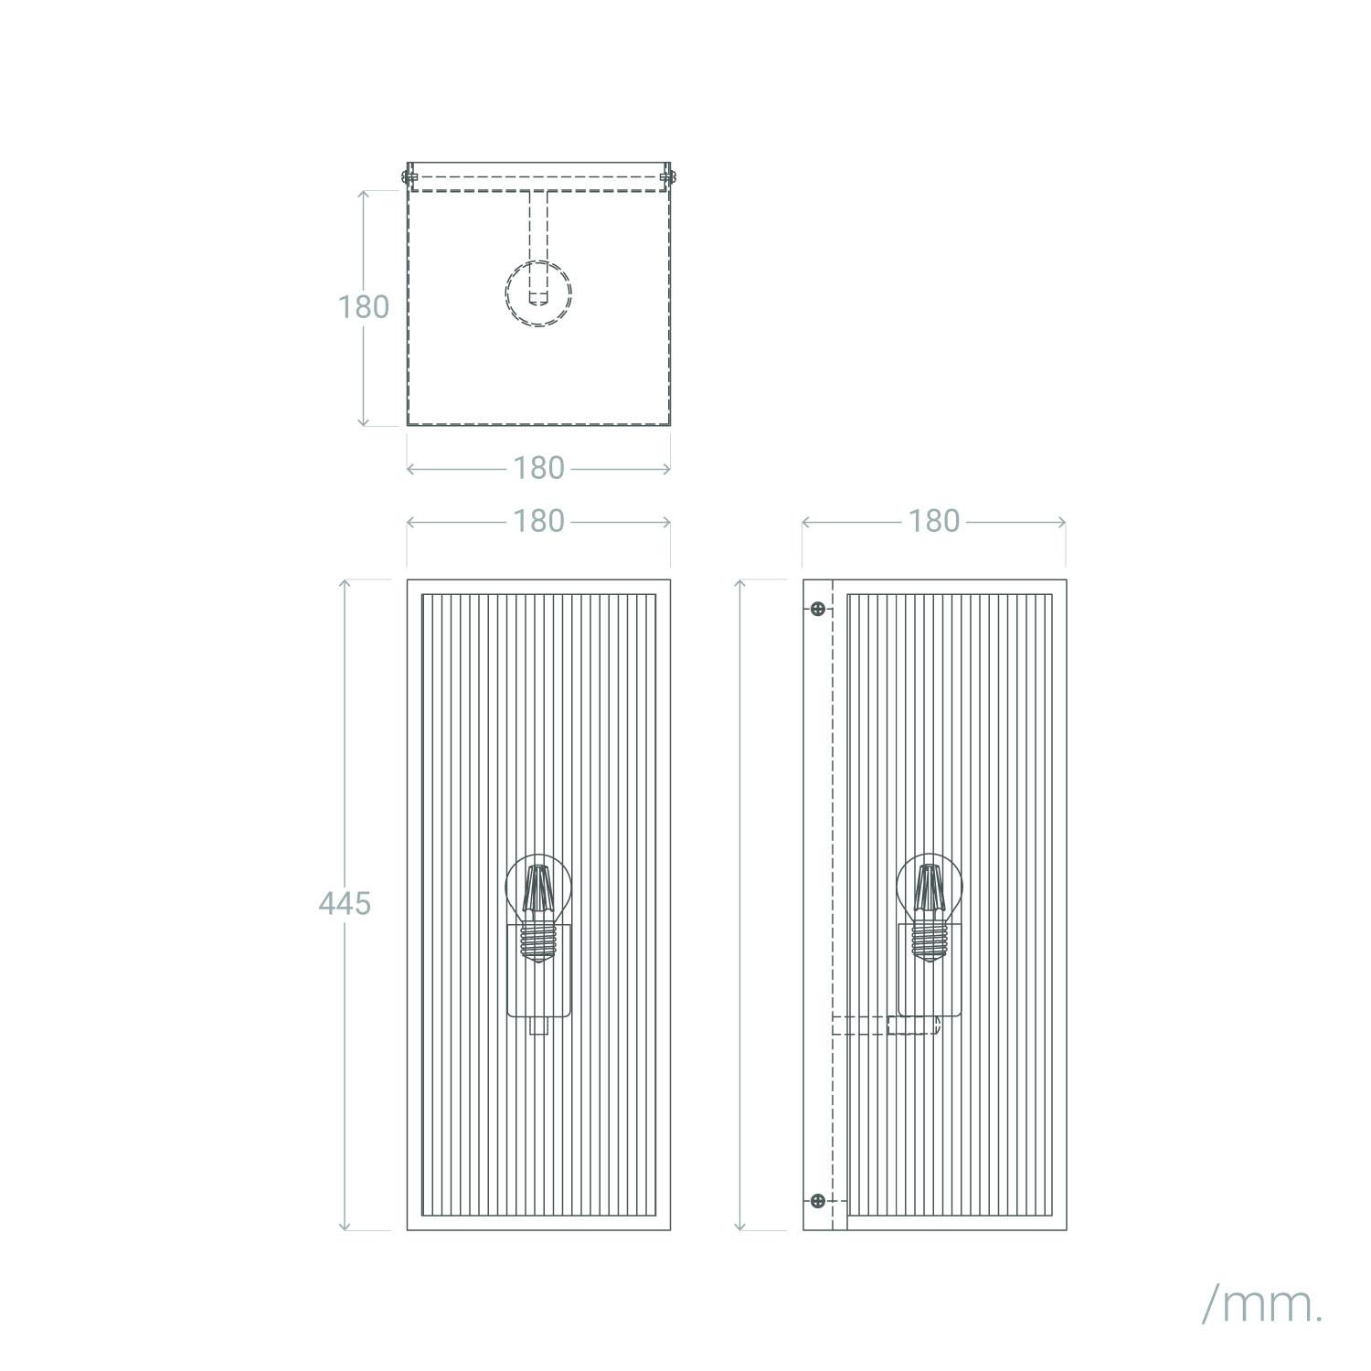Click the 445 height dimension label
pos(345,904)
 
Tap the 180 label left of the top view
pos(364,307)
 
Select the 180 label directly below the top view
pos(538,469)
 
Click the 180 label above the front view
pos(538,522)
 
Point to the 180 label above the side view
pos(933,522)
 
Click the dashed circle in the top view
pos(538,293)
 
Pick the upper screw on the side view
pos(818,609)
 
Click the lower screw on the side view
pos(818,1200)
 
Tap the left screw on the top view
pos(410,175)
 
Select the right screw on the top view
pos(668,175)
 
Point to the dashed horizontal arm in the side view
pos(885,1026)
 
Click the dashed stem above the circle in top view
pos(538,228)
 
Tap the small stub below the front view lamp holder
pos(538,1026)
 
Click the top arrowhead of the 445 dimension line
pos(345,582)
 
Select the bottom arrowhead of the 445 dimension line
pos(345,1228)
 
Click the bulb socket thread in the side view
pos(929,940)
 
